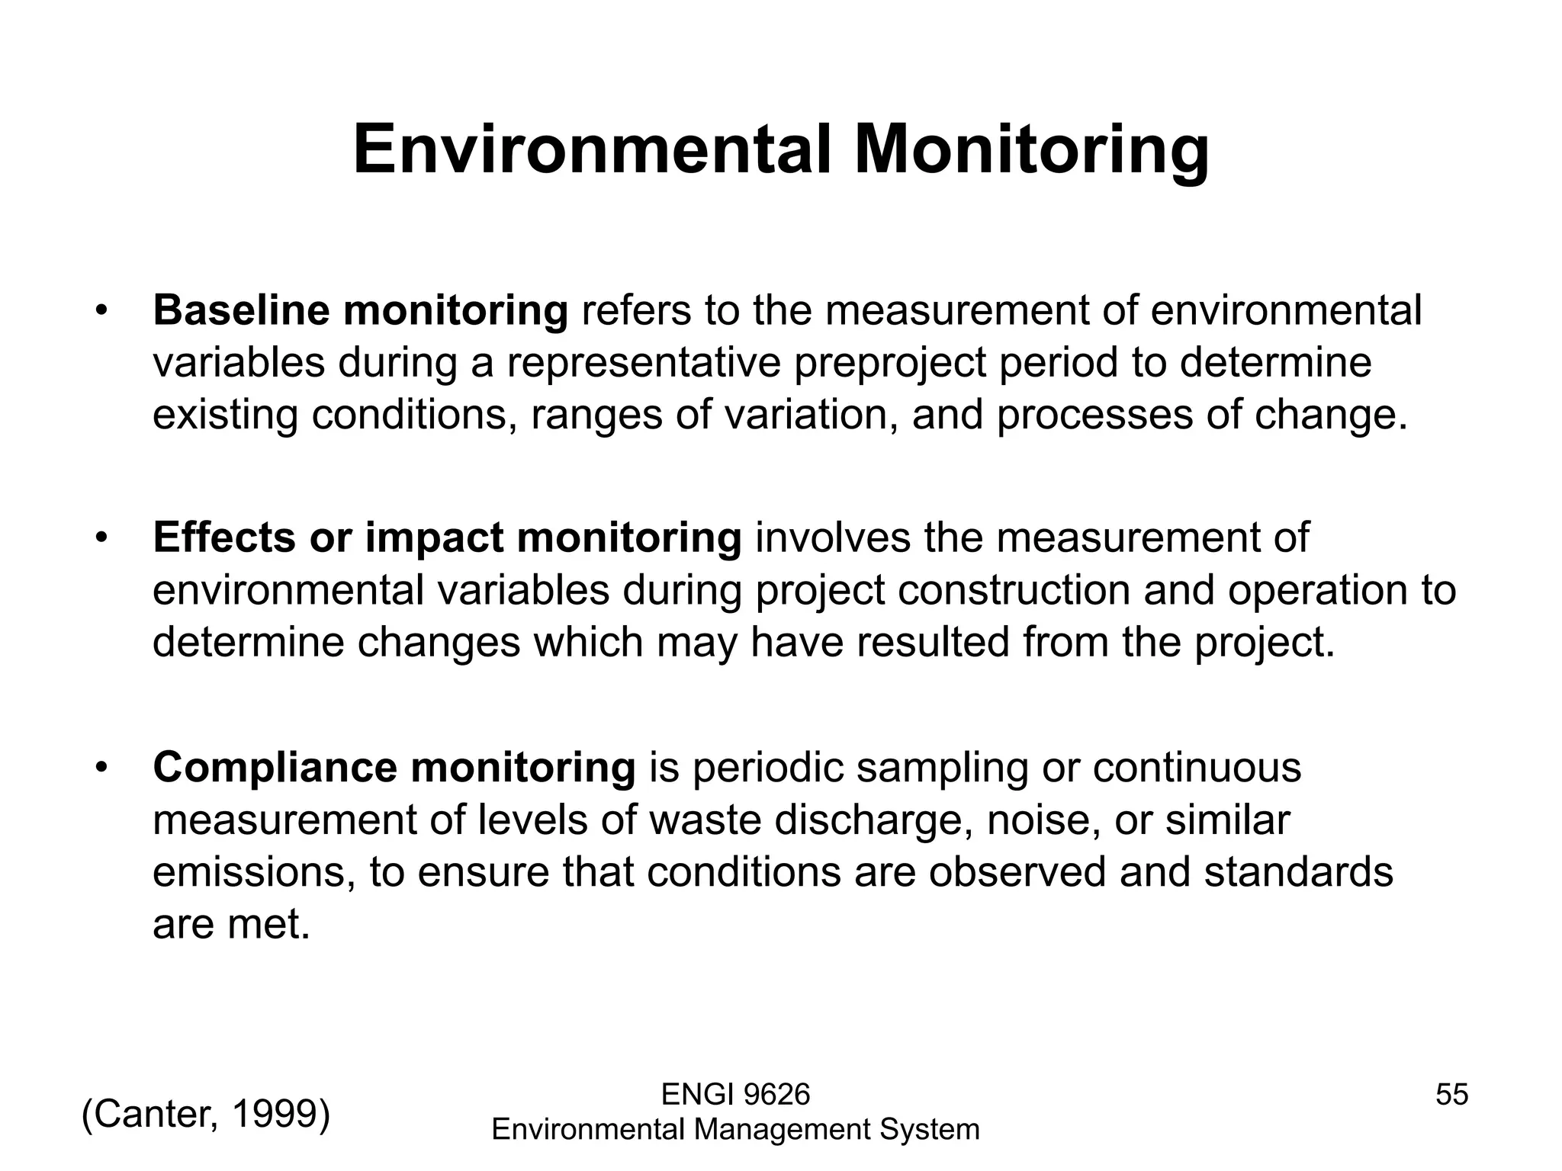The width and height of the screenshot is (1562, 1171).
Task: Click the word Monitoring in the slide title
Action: pos(1030,151)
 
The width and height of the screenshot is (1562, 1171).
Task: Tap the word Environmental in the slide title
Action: pos(591,151)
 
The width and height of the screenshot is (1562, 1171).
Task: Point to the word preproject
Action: pos(890,363)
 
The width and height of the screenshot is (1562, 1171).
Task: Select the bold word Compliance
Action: pos(275,768)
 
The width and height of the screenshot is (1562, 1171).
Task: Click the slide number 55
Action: pos(1451,1095)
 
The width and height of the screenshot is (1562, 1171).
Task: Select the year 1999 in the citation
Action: pos(276,1115)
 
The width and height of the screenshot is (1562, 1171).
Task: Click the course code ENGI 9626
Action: pos(735,1095)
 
